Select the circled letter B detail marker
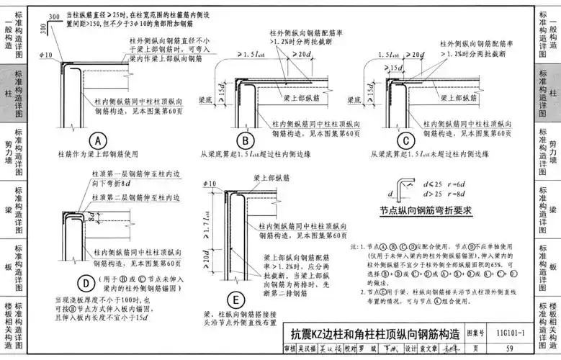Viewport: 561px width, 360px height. pyautogui.click(x=246, y=141)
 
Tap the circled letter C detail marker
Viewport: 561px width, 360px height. pyautogui.click(x=408, y=141)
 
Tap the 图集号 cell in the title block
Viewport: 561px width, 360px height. pyautogui.click(x=474, y=334)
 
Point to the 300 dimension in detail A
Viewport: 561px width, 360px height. pyautogui.click(x=45, y=27)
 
